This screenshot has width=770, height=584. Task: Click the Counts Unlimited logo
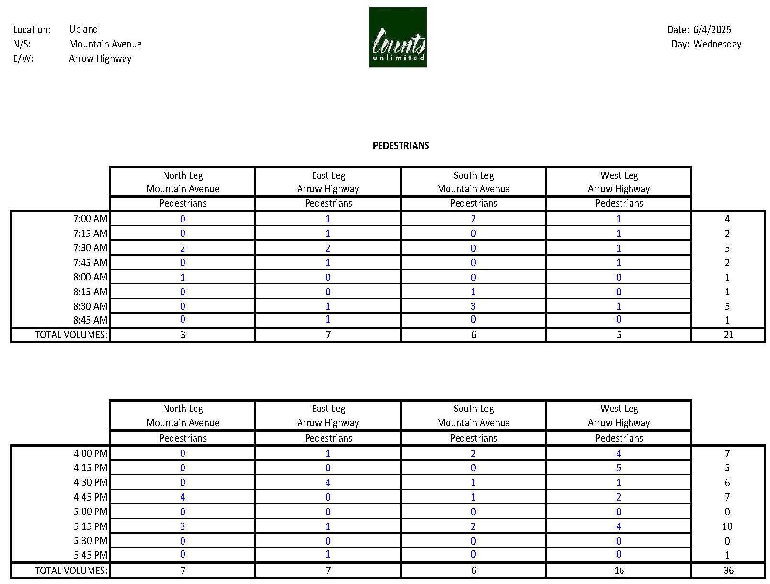coord(398,37)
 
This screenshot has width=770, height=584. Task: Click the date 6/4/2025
coord(712,30)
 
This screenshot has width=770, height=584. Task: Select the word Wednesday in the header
coord(717,44)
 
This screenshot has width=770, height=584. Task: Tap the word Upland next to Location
coord(83,29)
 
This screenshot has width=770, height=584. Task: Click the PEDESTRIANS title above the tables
coord(401,146)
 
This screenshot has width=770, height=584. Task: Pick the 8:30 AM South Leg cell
coord(473,306)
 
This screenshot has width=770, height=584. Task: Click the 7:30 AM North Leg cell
coord(183,248)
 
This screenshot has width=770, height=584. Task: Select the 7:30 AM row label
coord(90,248)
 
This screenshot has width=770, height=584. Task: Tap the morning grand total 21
coord(728,335)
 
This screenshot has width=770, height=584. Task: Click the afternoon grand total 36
coord(728,570)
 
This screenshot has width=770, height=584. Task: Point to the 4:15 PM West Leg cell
coord(619,468)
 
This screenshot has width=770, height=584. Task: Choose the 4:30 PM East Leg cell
coord(328,482)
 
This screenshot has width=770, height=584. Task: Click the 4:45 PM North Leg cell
coord(183,497)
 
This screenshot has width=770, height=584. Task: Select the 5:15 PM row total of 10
coord(727,526)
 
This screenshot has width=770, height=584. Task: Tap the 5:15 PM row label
coord(90,526)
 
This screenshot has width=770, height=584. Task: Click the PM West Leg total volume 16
coord(619,570)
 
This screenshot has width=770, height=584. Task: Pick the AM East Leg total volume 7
coord(328,335)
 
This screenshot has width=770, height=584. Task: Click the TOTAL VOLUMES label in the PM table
coord(71,570)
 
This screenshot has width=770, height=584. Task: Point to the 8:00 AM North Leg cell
coord(183,278)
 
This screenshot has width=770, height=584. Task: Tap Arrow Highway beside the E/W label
coord(100,58)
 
